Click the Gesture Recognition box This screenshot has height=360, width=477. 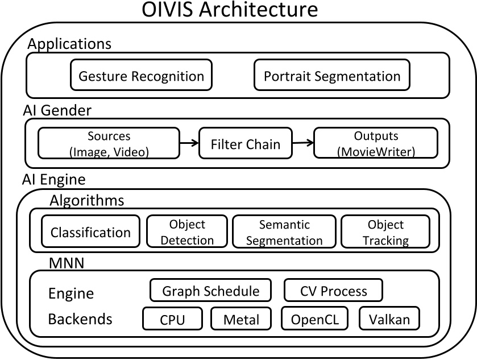(x=141, y=76)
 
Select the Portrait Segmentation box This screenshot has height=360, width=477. (x=332, y=76)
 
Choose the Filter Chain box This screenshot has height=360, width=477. (x=246, y=143)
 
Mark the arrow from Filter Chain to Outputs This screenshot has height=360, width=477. (x=304, y=144)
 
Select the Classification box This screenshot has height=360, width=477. (x=90, y=232)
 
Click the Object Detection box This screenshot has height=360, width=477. (x=187, y=232)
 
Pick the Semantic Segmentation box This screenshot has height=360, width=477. (x=284, y=232)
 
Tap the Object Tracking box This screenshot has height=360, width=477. (x=385, y=232)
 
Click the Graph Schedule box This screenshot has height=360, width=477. (x=211, y=291)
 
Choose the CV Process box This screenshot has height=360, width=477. (x=333, y=291)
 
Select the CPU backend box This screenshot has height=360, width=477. (x=172, y=319)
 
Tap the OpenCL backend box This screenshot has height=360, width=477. (x=314, y=319)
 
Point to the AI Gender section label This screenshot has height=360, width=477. (x=57, y=110)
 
